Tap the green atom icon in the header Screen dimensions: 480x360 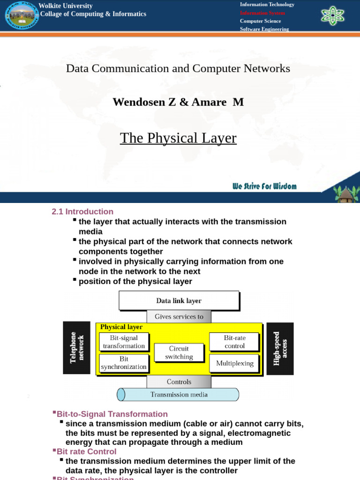[x=332, y=15]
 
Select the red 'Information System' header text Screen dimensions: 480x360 [x=262, y=13]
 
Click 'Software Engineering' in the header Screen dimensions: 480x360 [x=264, y=29]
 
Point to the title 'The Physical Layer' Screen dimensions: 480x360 [x=178, y=138]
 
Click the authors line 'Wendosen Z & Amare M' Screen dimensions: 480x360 [x=178, y=102]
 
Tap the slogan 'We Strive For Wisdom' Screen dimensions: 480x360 [x=264, y=186]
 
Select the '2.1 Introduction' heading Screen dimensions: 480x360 [x=82, y=211]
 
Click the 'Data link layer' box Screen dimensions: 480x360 [x=179, y=300]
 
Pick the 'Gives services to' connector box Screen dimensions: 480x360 [x=179, y=316]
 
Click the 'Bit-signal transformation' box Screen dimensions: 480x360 [x=124, y=342]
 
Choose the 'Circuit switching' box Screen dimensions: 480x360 [x=179, y=352]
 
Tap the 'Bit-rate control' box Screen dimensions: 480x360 [x=234, y=342]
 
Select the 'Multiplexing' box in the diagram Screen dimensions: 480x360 [x=234, y=363]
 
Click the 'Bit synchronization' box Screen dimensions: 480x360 [x=124, y=363]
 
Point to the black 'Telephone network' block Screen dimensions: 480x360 [x=76, y=347]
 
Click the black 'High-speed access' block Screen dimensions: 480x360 [x=280, y=349]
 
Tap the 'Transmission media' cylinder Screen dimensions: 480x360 [x=179, y=394]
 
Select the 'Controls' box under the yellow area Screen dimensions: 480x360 [x=179, y=382]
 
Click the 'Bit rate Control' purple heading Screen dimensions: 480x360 [x=86, y=451]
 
